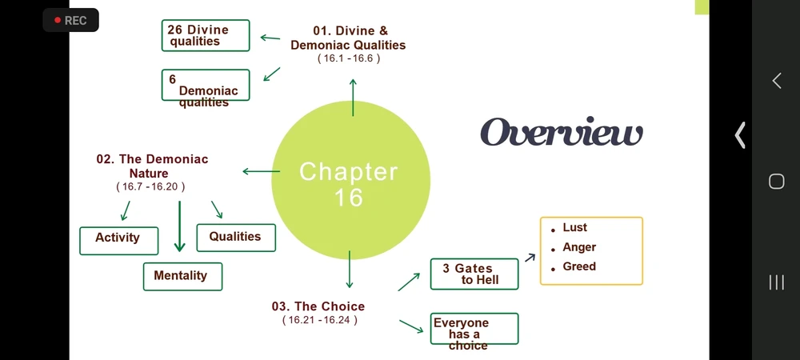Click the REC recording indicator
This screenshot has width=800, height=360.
click(x=70, y=20)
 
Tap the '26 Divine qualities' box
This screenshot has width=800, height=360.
click(x=206, y=35)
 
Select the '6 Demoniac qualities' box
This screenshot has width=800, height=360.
click(x=206, y=85)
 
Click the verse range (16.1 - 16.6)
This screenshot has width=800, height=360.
click(x=349, y=58)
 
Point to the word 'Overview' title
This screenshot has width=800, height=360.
click(x=562, y=131)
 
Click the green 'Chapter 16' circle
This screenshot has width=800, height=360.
click(x=350, y=179)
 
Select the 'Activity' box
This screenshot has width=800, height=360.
click(x=119, y=241)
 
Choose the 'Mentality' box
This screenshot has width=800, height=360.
click(x=182, y=276)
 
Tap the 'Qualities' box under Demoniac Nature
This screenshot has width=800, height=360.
click(x=236, y=238)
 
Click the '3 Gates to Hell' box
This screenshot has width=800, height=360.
click(x=474, y=274)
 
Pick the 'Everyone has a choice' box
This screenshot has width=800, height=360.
click(x=474, y=328)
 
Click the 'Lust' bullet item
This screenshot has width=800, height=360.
click(x=570, y=227)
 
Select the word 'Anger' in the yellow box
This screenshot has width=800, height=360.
click(x=579, y=247)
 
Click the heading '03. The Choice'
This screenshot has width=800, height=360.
click(x=318, y=306)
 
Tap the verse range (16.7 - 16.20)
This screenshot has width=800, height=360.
click(x=150, y=186)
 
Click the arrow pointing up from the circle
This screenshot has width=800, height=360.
click(x=353, y=97)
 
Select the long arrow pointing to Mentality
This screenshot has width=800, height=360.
click(x=179, y=226)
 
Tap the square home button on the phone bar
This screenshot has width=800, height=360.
click(x=776, y=182)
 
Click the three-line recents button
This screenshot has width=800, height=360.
click(x=776, y=282)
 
